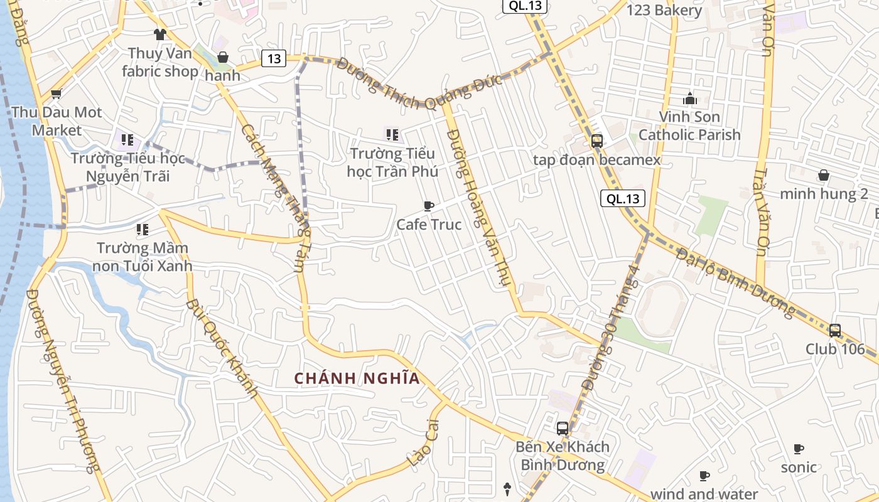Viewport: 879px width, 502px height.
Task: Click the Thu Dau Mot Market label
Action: [57, 121]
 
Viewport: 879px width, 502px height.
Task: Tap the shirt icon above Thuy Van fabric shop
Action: [160, 34]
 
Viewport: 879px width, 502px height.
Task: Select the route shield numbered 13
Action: [274, 59]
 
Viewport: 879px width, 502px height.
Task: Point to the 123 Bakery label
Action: [664, 10]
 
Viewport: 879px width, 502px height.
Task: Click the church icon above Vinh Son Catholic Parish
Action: [690, 99]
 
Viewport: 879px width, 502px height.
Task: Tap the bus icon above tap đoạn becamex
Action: [596, 141]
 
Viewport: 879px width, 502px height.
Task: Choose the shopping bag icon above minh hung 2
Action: [823, 175]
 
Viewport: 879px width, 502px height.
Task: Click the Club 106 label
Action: [835, 349]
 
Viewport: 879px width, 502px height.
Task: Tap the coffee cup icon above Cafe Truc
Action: [429, 206]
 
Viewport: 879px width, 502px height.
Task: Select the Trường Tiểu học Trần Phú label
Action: [392, 162]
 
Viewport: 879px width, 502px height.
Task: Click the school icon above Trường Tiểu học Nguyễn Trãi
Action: [127, 139]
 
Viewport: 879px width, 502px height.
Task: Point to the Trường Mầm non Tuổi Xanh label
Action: [143, 257]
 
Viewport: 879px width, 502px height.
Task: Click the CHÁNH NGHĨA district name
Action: [357, 378]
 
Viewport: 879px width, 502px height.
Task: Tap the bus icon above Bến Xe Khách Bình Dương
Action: [563, 429]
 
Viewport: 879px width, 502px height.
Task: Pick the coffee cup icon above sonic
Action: [799, 449]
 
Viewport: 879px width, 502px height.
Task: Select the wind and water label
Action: [704, 494]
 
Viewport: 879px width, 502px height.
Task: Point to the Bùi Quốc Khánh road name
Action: [222, 349]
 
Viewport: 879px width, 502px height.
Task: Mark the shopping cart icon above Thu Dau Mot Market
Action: [57, 95]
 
